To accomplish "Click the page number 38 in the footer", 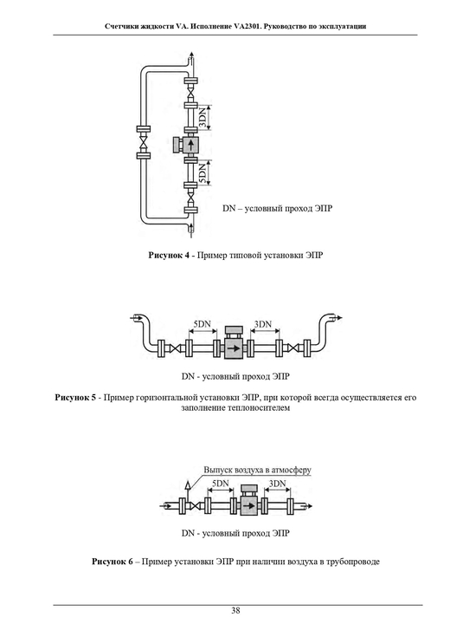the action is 235,610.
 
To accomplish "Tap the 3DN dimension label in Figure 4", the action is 202,118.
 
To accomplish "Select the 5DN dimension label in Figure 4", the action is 202,172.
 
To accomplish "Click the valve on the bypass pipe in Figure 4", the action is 144,143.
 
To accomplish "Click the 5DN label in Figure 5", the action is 202,324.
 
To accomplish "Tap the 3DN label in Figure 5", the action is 262,324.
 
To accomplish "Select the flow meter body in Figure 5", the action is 234,348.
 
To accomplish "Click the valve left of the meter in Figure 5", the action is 176,348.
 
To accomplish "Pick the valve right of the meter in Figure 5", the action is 293,348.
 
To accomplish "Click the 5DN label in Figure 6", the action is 221,484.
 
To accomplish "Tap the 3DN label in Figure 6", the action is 278,484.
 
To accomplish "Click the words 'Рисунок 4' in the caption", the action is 169,256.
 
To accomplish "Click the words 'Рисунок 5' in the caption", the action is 75,397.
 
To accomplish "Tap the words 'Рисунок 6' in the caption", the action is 112,562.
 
